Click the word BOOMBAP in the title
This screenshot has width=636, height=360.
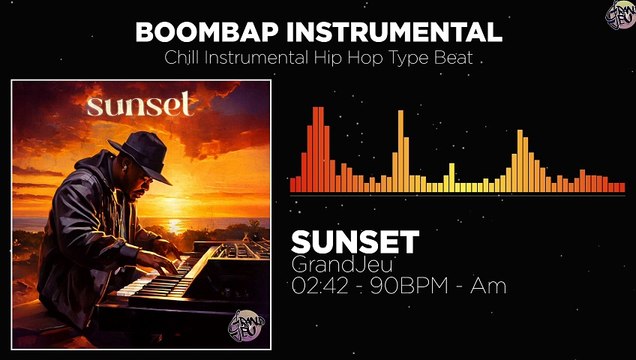206,31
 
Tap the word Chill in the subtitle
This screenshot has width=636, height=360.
183,58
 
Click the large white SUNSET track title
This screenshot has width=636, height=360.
354,241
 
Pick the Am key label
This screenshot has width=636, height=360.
488,286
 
